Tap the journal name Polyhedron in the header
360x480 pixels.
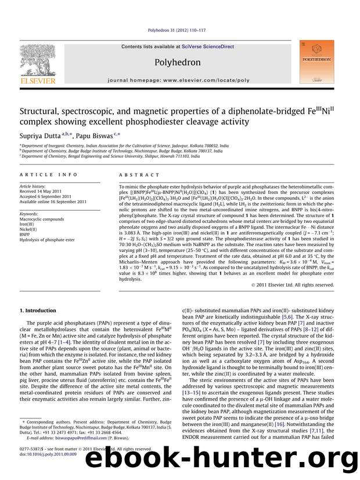pyautogui.click(x=180, y=60)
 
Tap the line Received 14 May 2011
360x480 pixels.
pyautogui.click(x=46, y=190)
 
